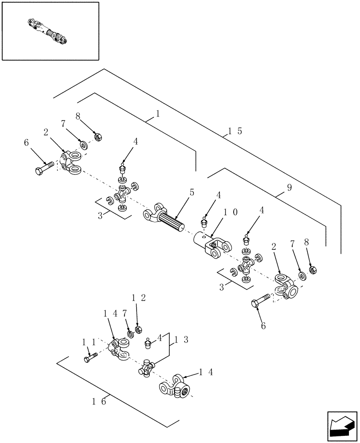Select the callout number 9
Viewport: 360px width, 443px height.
(290, 187)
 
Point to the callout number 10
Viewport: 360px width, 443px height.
(231, 213)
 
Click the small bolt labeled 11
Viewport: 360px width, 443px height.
(90, 358)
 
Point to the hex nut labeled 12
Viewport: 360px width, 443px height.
(138, 330)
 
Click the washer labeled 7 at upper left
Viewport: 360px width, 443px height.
(83, 144)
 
